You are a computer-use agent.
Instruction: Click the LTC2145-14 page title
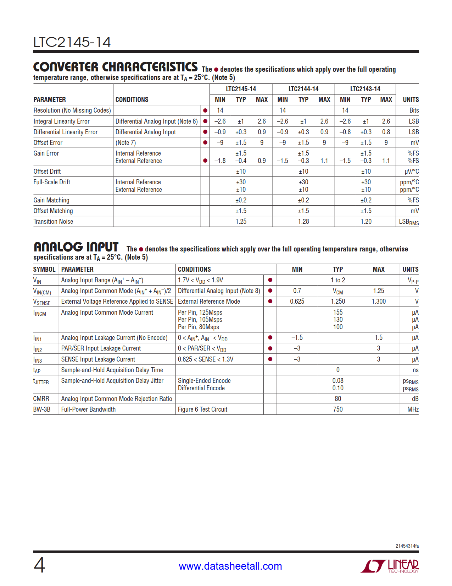pyautogui.click(x=72, y=42)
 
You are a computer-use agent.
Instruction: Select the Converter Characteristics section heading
pyautogui.click(x=115, y=67)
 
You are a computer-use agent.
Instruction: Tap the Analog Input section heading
pyautogui.click(x=76, y=247)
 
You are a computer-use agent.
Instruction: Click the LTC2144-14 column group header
pyautogui.click(x=303, y=89)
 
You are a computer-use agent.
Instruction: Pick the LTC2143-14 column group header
pyautogui.click(x=365, y=89)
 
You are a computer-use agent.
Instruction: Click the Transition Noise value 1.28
pyautogui.click(x=303, y=222)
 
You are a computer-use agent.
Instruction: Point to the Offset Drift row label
pyautogui.click(x=47, y=172)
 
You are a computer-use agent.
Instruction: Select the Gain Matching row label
pyautogui.click(x=51, y=200)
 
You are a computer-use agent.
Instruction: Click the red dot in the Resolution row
pyautogui.click(x=205, y=110)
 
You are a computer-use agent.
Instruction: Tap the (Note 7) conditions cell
pyautogui.click(x=125, y=143)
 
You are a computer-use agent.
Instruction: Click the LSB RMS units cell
pyautogui.click(x=408, y=222)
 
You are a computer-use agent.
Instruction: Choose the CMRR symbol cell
pyautogui.click(x=41, y=399)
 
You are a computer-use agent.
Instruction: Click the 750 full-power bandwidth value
pyautogui.click(x=338, y=409)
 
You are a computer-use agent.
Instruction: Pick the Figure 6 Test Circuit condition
pyautogui.click(x=202, y=409)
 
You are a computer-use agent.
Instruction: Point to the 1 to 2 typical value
pyautogui.click(x=338, y=280)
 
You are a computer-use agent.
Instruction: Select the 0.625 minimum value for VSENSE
pyautogui.click(x=297, y=302)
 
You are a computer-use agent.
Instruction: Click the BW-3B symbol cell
pyautogui.click(x=42, y=409)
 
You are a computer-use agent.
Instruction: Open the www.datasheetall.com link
pyautogui.click(x=230, y=566)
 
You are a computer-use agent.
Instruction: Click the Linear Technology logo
pyautogui.click(x=390, y=566)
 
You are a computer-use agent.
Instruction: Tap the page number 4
pyautogui.click(x=39, y=565)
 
